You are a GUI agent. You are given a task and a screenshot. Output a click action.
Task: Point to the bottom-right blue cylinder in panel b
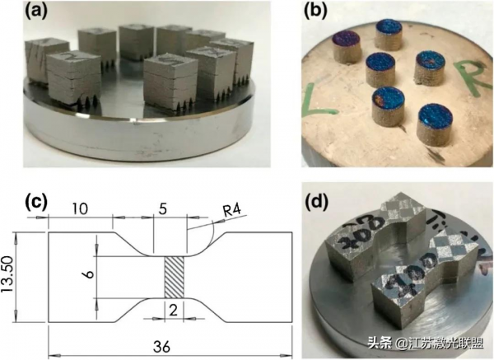click(433, 122)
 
